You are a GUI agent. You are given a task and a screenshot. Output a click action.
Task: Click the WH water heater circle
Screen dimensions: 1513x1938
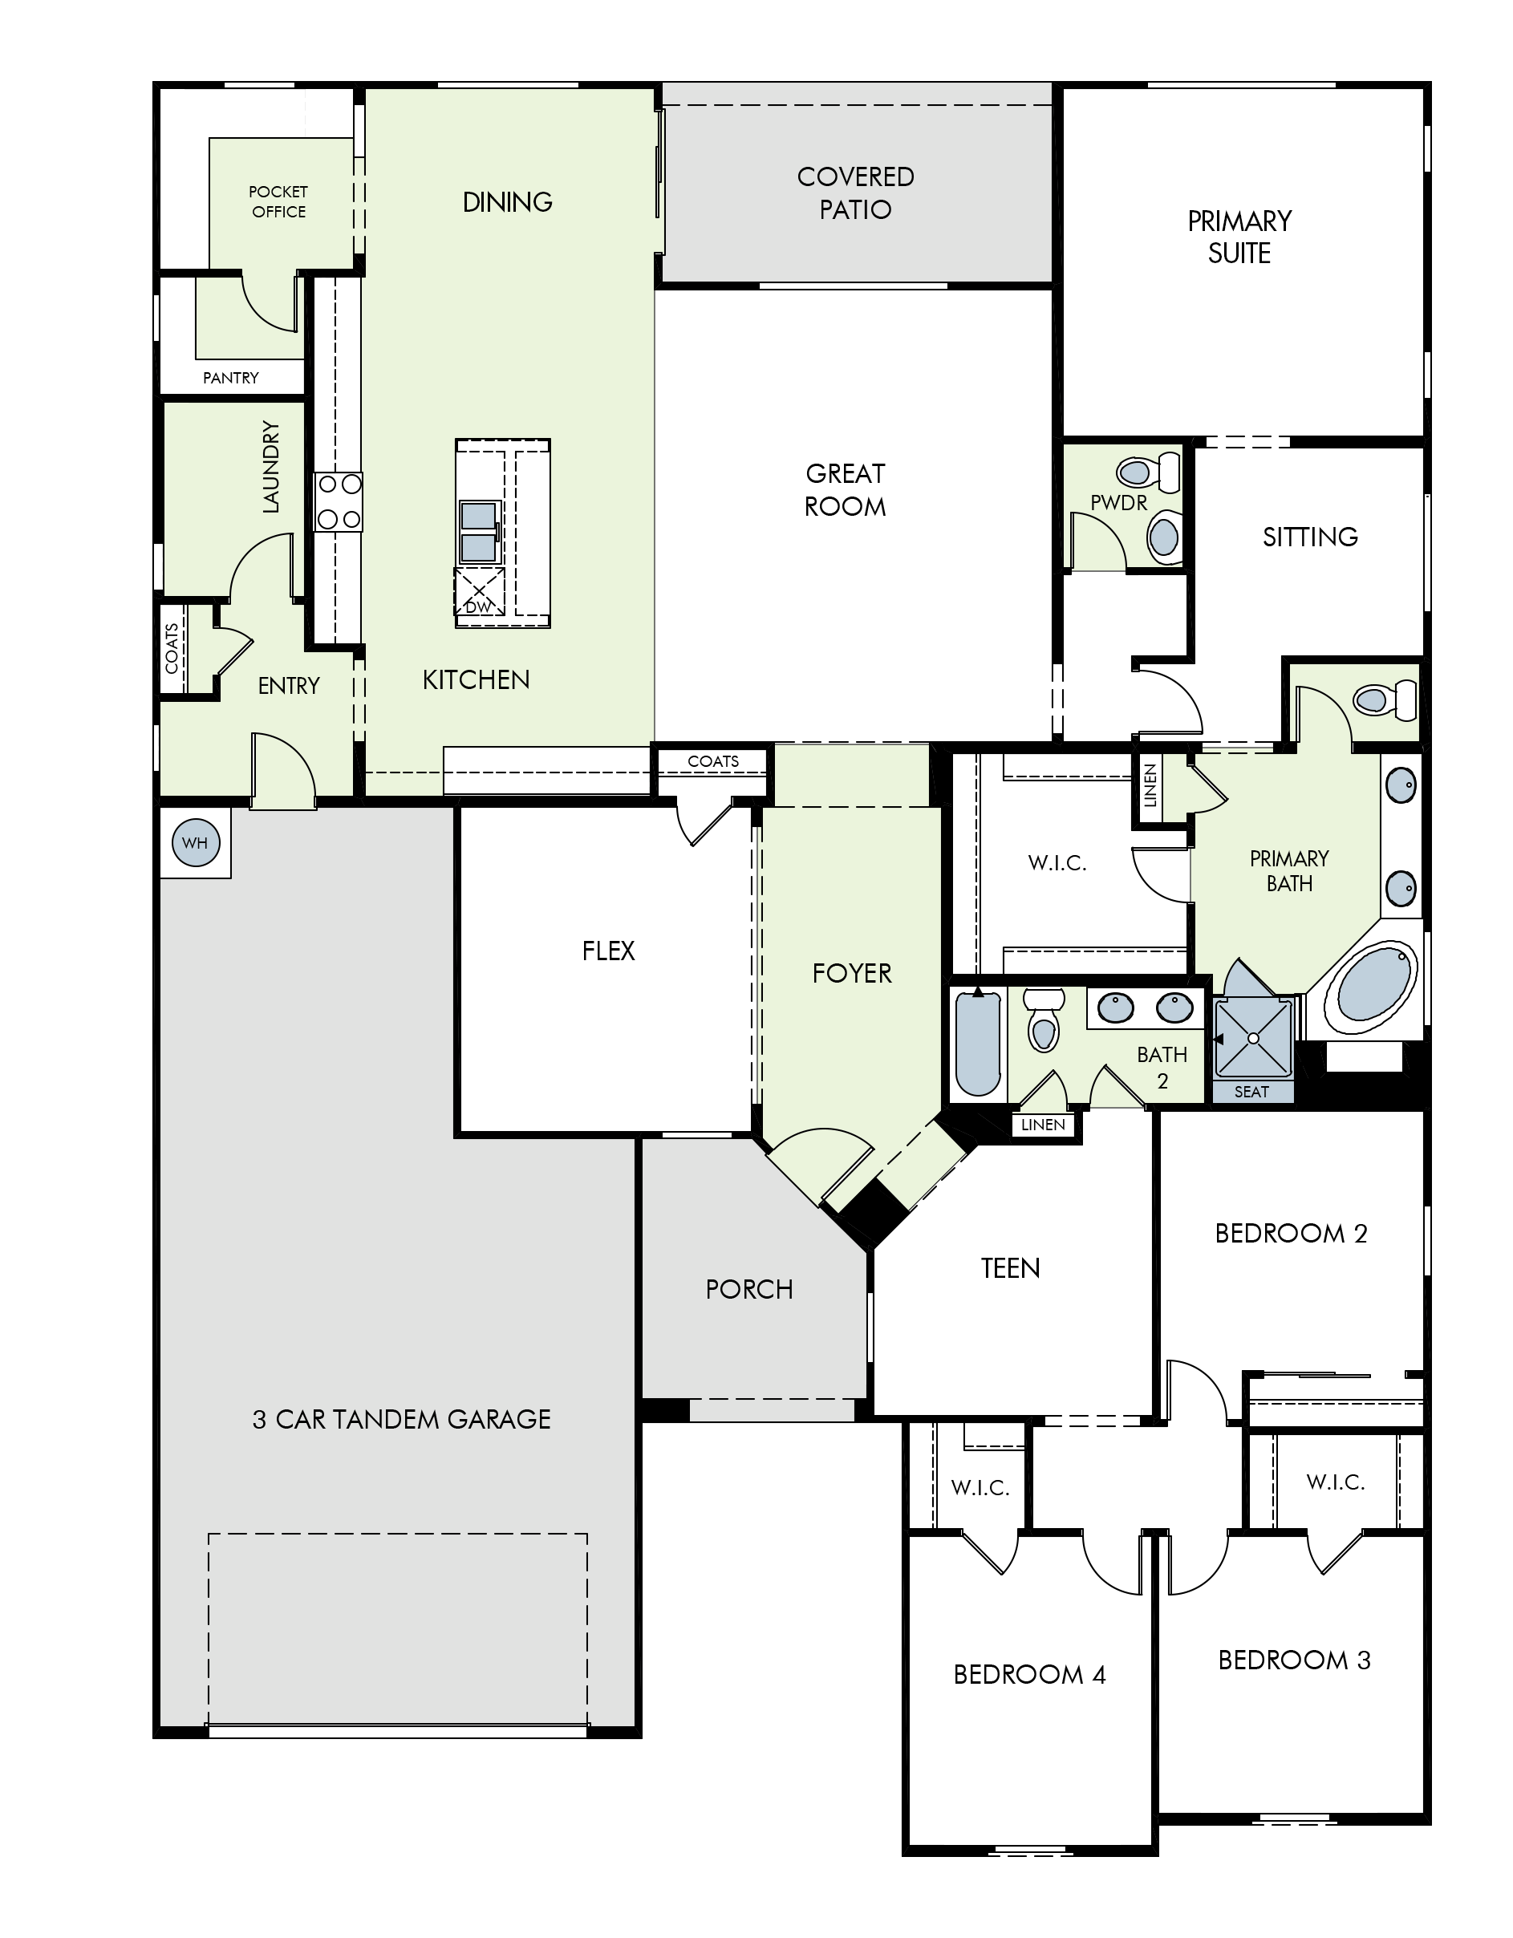(x=194, y=842)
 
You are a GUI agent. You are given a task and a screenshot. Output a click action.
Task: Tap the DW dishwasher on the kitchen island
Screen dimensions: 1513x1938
(x=479, y=592)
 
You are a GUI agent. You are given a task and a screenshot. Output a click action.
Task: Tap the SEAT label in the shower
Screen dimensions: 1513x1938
(x=1251, y=1092)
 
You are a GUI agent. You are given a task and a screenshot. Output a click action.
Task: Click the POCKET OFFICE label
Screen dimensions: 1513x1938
(x=278, y=201)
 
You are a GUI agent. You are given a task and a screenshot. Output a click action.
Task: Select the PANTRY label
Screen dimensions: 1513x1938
(x=231, y=377)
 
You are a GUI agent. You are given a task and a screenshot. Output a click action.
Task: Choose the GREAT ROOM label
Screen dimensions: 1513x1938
(x=845, y=490)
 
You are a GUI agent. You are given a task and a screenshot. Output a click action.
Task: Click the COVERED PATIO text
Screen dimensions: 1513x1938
(x=855, y=193)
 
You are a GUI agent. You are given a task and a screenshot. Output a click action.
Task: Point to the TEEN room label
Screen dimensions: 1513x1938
(x=1010, y=1268)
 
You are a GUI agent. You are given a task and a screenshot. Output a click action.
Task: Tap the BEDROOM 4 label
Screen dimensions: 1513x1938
(x=1029, y=1674)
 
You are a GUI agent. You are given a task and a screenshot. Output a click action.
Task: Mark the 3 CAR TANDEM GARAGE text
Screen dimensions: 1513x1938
(x=401, y=1420)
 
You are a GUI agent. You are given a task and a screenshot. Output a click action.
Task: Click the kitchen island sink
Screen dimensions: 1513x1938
(x=479, y=532)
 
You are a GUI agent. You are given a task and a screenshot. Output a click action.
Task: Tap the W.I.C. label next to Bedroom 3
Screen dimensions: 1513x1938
(x=1336, y=1481)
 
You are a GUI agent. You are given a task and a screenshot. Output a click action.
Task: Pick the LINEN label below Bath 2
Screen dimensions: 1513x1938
(x=1043, y=1125)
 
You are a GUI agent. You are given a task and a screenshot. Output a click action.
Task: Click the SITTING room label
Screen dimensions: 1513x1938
(x=1310, y=537)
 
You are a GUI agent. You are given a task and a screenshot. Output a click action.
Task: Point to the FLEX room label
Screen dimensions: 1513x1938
(x=608, y=951)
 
